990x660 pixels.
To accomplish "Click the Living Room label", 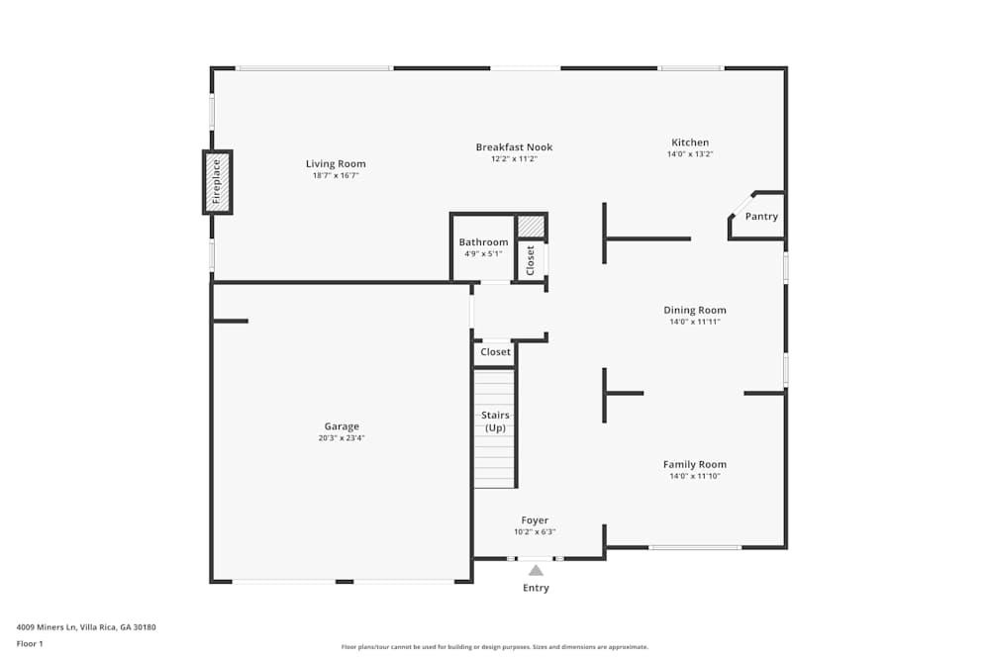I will click(336, 164).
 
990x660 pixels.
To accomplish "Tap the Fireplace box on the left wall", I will click(218, 182).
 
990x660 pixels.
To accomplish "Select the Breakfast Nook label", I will click(514, 147).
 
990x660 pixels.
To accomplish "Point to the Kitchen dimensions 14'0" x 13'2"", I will click(690, 154).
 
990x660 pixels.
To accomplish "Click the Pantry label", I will click(761, 217).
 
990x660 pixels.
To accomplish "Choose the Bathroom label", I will click(483, 242).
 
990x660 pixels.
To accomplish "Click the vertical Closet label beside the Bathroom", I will click(531, 260).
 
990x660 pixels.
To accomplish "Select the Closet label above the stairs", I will click(495, 352).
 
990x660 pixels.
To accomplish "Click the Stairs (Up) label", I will click(495, 422).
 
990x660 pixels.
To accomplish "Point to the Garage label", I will click(342, 426).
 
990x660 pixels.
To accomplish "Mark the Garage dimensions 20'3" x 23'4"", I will click(342, 438).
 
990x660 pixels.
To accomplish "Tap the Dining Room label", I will click(694, 311).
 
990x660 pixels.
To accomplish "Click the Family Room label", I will click(694, 464).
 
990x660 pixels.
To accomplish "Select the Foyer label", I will click(535, 520).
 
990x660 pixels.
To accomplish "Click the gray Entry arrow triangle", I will click(536, 570).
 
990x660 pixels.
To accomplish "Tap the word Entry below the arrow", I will click(536, 588).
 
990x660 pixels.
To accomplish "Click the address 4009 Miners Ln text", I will click(86, 626).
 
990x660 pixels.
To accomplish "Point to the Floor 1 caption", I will click(30, 643).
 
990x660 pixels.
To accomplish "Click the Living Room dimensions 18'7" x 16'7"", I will click(336, 176).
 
